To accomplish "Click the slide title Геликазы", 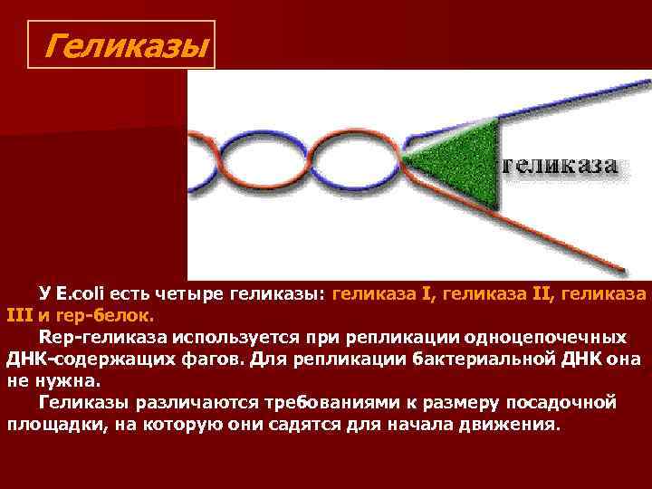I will [x=125, y=43].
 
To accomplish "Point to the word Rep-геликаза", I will [x=97, y=337].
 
